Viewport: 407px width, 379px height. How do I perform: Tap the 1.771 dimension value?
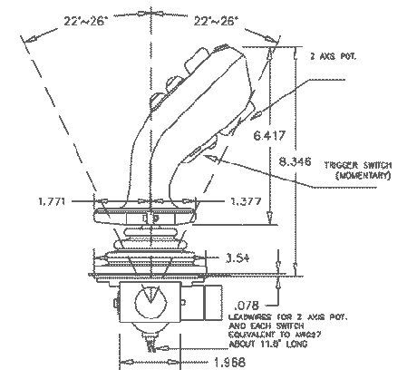(x=53, y=199)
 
